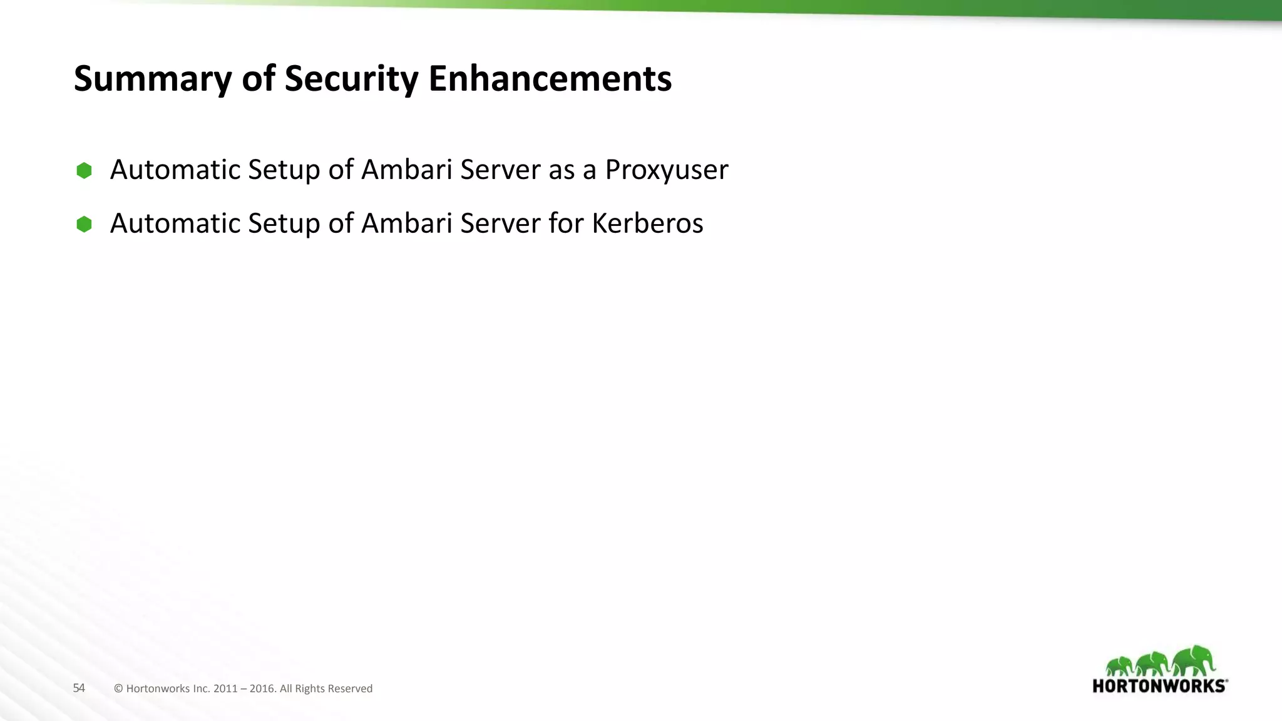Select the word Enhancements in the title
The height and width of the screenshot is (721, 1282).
[x=550, y=79]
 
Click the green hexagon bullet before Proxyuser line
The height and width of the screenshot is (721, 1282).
[x=84, y=170]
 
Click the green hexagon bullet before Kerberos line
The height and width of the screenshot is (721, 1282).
[x=84, y=224]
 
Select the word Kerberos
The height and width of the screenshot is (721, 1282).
[x=647, y=223]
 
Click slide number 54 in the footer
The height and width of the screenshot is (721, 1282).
[x=79, y=688]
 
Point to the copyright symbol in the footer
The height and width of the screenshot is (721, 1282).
[x=118, y=688]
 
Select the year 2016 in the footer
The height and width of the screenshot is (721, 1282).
[x=262, y=688]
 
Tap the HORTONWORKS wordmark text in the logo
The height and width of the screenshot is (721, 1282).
[x=1159, y=686]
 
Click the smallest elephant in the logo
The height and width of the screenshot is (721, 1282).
[x=1120, y=666]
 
